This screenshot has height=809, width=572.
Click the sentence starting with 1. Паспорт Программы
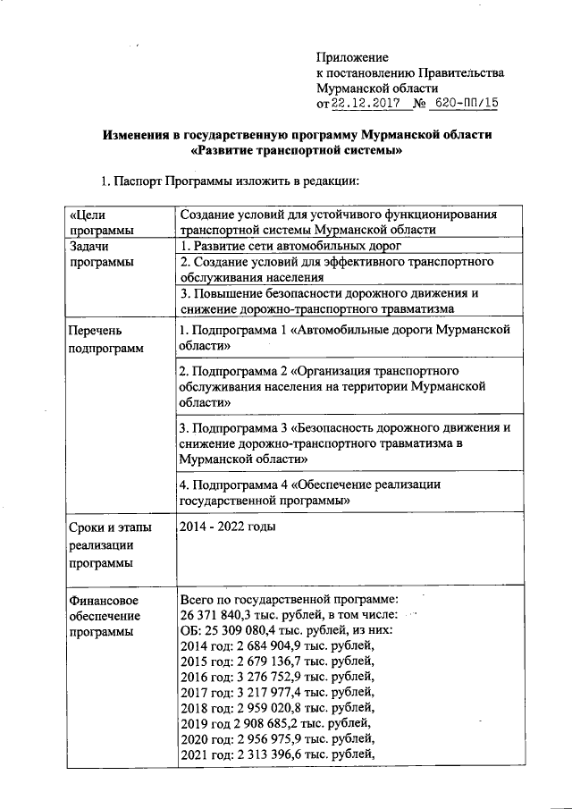pos(231,182)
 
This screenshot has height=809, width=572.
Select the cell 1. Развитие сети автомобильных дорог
pos(286,245)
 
